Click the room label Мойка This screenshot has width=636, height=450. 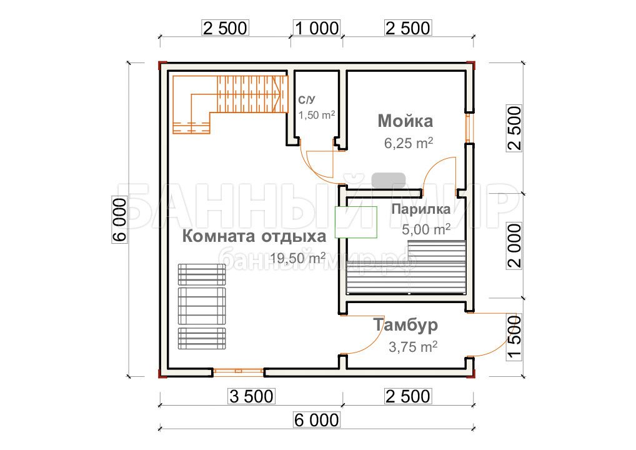[x=405, y=121]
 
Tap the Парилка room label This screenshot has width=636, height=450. [x=420, y=209]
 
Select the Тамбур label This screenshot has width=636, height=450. [x=405, y=324]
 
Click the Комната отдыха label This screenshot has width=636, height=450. [x=254, y=236]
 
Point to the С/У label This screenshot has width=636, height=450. [x=307, y=100]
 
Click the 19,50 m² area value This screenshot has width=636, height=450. [x=298, y=257]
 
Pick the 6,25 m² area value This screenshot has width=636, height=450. [x=409, y=143]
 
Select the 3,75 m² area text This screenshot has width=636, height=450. [x=413, y=347]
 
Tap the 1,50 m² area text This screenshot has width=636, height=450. [x=317, y=115]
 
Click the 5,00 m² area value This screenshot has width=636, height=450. [x=426, y=229]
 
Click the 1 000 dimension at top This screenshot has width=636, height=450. [x=317, y=28]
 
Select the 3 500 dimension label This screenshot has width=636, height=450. [x=252, y=396]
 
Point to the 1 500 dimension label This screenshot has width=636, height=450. [x=514, y=337]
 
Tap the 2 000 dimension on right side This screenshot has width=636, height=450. [x=514, y=245]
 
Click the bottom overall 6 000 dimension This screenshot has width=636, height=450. [x=316, y=420]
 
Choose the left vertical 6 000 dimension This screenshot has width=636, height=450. [x=120, y=219]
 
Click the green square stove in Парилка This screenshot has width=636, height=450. [x=355, y=222]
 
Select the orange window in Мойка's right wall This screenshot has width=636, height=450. [x=469, y=128]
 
